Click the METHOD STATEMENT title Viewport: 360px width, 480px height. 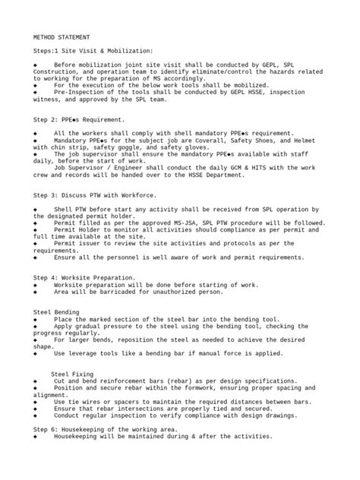tap(62, 36)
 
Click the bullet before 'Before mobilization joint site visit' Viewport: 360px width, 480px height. tap(36, 65)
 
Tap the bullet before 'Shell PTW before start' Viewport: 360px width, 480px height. tap(36, 209)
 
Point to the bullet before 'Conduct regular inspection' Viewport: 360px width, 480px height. tap(36, 415)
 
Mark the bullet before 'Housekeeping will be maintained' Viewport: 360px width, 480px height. tap(36, 437)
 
